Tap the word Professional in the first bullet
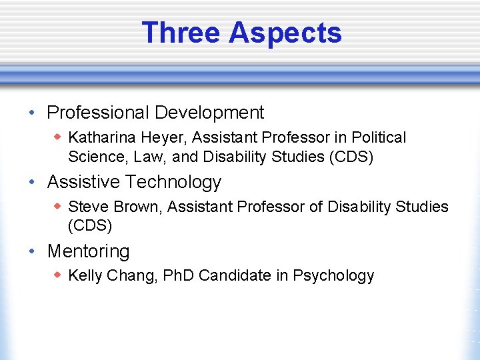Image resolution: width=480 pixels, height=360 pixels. click(x=99, y=113)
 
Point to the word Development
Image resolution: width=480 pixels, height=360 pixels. click(x=211, y=113)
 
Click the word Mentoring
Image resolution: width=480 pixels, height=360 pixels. click(x=89, y=251)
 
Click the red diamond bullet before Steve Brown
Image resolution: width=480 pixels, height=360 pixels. click(x=58, y=207)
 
